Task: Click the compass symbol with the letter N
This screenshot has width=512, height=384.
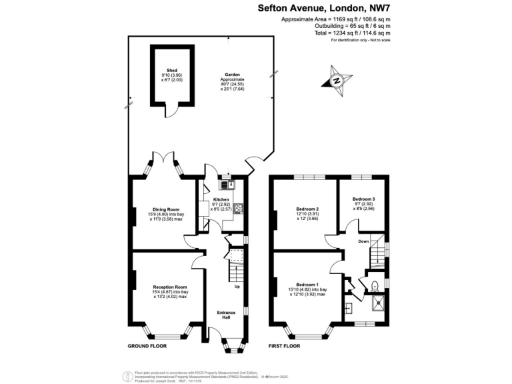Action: click(x=337, y=81)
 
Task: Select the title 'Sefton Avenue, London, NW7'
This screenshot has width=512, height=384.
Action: click(x=324, y=9)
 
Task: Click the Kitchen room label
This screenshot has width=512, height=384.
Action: click(x=221, y=199)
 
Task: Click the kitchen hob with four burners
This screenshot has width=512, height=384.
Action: click(x=237, y=207)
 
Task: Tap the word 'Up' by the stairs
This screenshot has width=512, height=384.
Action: click(x=237, y=287)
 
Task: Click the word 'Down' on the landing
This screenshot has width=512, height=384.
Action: click(x=363, y=241)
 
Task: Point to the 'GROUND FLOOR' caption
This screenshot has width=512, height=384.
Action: click(x=147, y=347)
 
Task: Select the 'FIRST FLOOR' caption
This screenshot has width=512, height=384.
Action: click(x=284, y=347)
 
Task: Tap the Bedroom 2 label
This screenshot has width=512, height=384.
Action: click(x=307, y=209)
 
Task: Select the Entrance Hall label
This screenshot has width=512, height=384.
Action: click(x=227, y=314)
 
